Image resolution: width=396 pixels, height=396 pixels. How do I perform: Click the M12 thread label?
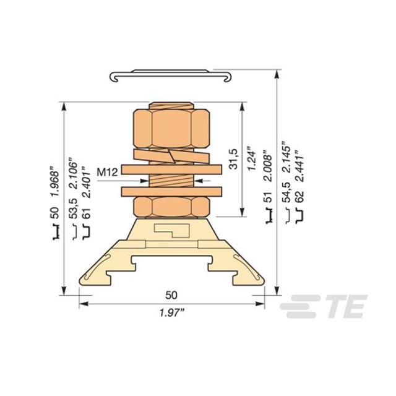[108, 173]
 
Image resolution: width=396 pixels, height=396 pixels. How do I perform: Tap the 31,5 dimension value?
[233, 159]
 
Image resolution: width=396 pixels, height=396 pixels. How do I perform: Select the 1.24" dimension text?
[252, 159]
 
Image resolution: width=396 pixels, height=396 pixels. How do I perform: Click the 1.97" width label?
[172, 313]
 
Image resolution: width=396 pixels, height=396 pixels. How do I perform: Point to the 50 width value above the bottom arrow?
[171, 295]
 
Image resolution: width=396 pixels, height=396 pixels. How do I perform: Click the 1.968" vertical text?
[55, 181]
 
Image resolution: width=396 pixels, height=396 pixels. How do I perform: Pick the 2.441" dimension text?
[299, 166]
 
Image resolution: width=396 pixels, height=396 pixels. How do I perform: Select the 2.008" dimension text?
[268, 166]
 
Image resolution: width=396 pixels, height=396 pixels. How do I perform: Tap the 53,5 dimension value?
[74, 208]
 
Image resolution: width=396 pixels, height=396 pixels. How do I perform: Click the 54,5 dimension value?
[287, 192]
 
